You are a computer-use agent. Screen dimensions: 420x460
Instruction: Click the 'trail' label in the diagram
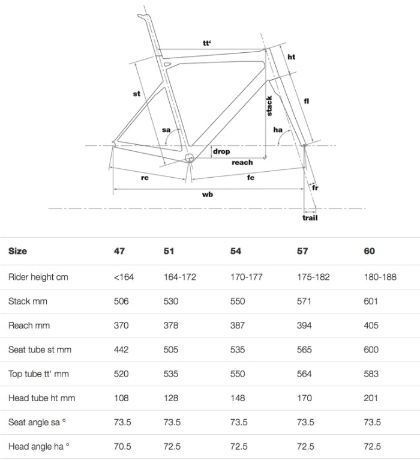(x=310, y=217)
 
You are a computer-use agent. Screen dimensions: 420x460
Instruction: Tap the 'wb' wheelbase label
(x=208, y=195)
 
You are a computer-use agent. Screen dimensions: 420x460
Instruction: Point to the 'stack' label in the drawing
(x=269, y=106)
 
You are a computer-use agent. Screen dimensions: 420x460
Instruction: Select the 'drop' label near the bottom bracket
(x=221, y=152)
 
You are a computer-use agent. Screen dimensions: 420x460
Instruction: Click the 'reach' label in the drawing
(x=242, y=163)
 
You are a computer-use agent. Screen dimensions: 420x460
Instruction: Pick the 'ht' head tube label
(x=292, y=56)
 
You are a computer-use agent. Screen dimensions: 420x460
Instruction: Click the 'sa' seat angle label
(x=166, y=130)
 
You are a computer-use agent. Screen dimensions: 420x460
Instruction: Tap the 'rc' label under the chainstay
(x=145, y=178)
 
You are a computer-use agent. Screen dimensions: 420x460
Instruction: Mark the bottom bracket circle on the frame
(x=190, y=158)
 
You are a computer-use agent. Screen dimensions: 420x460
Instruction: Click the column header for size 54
(x=236, y=251)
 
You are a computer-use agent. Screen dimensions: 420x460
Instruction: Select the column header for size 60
(x=369, y=251)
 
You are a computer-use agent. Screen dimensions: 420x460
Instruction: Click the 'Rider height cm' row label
(x=38, y=277)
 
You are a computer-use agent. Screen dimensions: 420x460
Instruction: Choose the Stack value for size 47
(x=121, y=301)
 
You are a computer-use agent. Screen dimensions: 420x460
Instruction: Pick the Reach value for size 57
(x=304, y=325)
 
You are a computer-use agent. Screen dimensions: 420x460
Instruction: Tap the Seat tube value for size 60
(x=371, y=350)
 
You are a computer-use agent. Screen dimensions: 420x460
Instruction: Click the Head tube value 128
(x=171, y=398)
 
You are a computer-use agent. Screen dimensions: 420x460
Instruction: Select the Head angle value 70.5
(x=122, y=447)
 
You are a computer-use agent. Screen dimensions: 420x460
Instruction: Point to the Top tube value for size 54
(x=238, y=374)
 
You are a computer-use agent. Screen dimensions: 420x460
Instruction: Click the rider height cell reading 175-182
(x=313, y=277)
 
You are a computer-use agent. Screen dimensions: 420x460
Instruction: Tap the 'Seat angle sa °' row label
(x=37, y=422)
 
